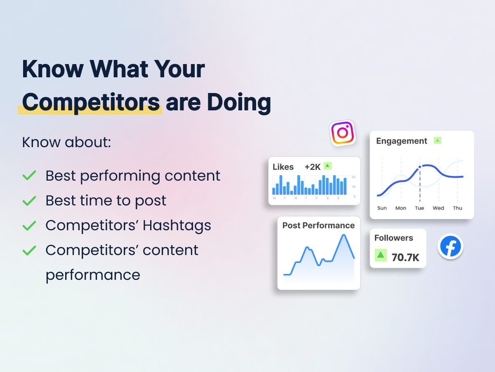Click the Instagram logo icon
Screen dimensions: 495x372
point(342,133)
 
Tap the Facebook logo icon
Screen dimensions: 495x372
point(450,246)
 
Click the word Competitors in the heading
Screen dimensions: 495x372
point(91,103)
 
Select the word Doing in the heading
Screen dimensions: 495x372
point(239,103)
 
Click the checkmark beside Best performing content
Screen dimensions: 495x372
point(29,175)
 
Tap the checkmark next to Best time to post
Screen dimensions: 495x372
point(29,201)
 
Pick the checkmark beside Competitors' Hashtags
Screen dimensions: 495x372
point(29,226)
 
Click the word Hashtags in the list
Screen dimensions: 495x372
point(177,226)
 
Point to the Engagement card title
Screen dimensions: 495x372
point(401,141)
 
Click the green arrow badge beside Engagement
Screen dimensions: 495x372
point(438,141)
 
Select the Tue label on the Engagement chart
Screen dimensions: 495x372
point(420,208)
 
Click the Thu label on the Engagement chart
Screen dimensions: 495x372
point(457,208)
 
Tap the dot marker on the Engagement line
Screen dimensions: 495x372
point(420,167)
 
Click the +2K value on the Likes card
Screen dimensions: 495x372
point(312,167)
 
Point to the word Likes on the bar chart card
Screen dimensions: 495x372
point(283,167)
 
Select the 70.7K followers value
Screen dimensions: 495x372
point(405,258)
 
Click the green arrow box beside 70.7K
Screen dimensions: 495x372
point(381,255)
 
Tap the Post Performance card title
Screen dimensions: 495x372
point(318,225)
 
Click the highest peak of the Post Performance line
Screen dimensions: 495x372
point(344,235)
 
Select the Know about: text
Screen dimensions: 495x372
point(66,142)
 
